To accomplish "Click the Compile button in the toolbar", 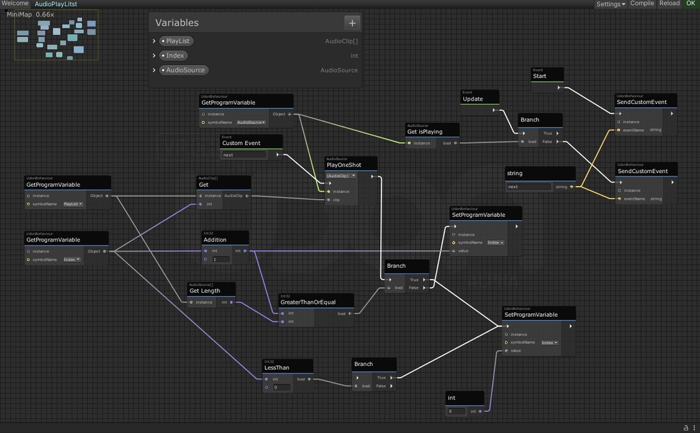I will click(x=642, y=3).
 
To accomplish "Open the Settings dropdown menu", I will click(x=610, y=4).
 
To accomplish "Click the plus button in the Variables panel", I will click(x=352, y=23).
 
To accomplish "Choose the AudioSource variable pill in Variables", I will click(x=185, y=70).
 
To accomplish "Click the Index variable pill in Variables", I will click(x=175, y=55).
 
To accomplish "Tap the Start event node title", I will click(x=540, y=76).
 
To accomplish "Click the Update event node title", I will click(x=473, y=99).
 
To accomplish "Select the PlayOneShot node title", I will click(x=344, y=165).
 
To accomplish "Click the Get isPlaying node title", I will click(x=425, y=131).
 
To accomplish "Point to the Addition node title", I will click(x=215, y=239).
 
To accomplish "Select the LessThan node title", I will click(x=277, y=367).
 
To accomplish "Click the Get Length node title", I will click(x=205, y=291).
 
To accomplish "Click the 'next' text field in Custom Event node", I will click(x=244, y=155).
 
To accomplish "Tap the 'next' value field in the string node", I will click(x=528, y=187).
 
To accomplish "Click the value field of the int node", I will click(x=456, y=411).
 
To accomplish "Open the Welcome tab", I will click(x=15, y=3).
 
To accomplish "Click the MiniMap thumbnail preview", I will click(x=56, y=36).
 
